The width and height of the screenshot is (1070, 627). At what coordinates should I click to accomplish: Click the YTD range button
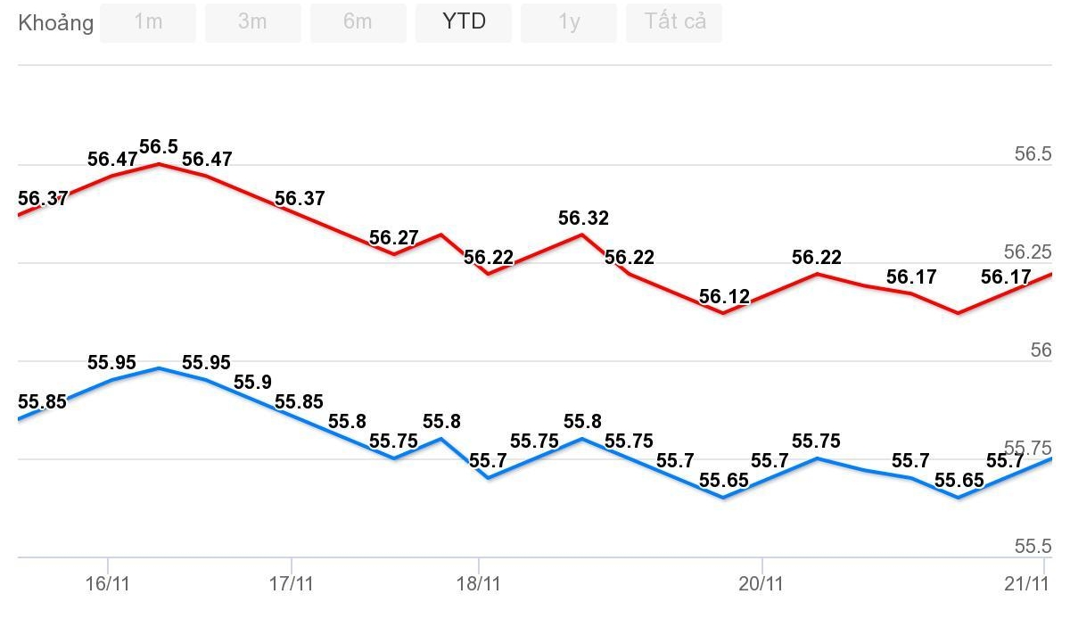click(464, 22)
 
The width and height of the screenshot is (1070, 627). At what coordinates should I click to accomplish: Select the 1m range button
click(148, 22)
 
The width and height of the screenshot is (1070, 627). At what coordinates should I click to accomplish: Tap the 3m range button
click(252, 22)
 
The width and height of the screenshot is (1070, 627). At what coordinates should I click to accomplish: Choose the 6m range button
click(358, 22)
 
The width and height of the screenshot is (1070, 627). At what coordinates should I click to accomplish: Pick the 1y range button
click(569, 22)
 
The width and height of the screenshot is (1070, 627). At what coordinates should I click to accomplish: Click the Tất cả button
click(674, 22)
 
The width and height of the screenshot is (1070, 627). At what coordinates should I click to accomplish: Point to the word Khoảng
click(55, 23)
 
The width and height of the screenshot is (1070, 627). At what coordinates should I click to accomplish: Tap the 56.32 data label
click(583, 219)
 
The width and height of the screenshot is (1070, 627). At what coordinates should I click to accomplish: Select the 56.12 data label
click(724, 297)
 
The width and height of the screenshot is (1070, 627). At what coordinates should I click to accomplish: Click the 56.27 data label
click(393, 238)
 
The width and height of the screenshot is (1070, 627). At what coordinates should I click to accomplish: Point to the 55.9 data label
click(252, 383)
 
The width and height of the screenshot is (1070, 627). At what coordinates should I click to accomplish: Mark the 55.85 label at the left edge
click(42, 402)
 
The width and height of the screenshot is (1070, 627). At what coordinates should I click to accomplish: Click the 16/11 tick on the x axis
click(108, 584)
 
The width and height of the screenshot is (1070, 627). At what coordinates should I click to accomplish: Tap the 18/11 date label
click(479, 584)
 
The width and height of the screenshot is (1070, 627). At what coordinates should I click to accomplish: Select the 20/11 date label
click(761, 584)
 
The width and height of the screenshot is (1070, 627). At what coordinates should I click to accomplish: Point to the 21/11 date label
click(1025, 584)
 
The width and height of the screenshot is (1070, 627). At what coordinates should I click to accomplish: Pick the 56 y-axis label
click(1041, 351)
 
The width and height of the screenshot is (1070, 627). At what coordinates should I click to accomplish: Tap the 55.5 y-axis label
click(1033, 547)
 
